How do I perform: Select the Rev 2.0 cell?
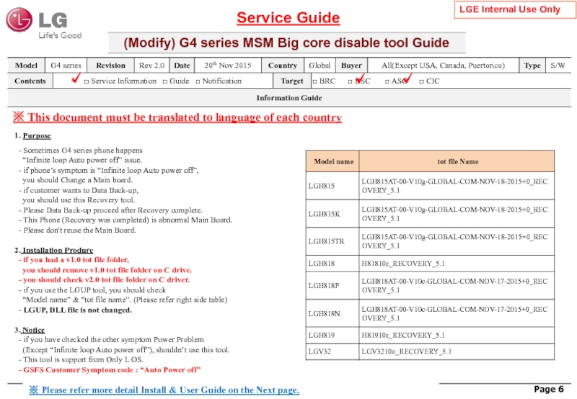151,66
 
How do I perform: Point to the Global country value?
319,66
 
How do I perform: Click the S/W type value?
558,66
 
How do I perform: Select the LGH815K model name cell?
323,214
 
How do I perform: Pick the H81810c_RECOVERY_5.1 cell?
403,262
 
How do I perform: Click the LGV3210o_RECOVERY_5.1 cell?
407,351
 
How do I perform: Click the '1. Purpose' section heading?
32,135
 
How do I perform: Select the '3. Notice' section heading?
30,330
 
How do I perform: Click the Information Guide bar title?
288,97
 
